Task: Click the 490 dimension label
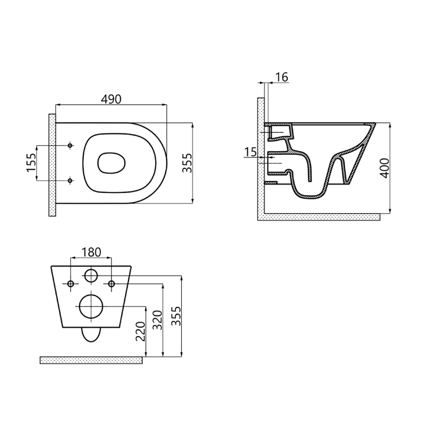(x=111, y=99)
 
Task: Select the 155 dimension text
(x=31, y=162)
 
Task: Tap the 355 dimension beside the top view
(x=187, y=163)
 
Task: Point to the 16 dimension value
(x=282, y=77)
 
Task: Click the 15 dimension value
(x=251, y=153)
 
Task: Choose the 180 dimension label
(x=91, y=252)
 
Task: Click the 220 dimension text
(x=140, y=331)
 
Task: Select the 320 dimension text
(x=157, y=320)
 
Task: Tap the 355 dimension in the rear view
(x=176, y=316)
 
